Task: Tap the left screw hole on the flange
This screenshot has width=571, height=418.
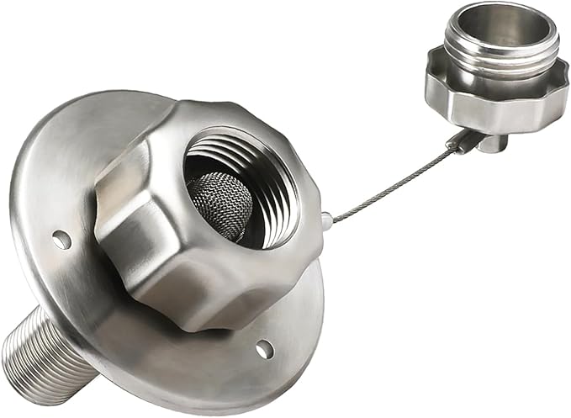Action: [62, 240]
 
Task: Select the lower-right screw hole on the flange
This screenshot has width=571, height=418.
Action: [264, 347]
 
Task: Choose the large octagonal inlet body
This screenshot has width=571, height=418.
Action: [168, 252]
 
